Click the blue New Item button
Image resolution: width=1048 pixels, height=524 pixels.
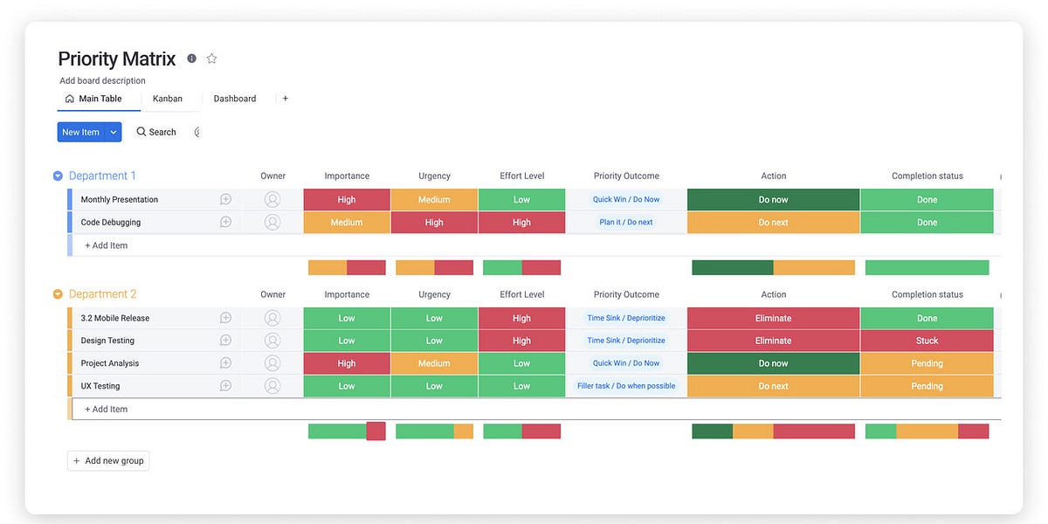point(80,132)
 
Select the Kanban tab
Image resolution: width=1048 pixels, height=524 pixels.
point(168,99)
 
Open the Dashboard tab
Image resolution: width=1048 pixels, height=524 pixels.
point(235,99)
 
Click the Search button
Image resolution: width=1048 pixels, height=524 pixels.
point(156,132)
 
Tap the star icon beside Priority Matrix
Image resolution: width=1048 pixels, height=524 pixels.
point(211,59)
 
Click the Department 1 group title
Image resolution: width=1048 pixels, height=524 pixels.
point(102,176)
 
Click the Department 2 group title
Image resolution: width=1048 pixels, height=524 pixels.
point(102,294)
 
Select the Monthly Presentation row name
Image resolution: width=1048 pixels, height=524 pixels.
point(120,200)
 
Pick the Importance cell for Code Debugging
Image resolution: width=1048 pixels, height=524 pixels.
point(347,223)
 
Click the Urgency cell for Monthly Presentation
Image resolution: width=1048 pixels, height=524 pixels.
point(434,200)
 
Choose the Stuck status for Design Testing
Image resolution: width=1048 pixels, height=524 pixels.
point(927,341)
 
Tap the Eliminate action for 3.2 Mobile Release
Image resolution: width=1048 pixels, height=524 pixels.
point(773,318)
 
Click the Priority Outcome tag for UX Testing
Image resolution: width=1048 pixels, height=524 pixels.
point(626,386)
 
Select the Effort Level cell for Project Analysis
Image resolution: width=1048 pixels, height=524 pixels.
point(521,363)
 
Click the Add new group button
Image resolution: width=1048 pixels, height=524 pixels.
point(108,460)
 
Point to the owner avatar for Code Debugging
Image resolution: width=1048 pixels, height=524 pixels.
point(272,223)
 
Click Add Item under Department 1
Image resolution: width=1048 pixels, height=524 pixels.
point(106,245)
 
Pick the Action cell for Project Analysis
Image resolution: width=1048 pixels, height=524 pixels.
point(773,363)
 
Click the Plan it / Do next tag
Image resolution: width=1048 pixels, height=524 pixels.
point(626,223)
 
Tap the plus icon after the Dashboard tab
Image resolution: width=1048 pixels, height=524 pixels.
point(285,99)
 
